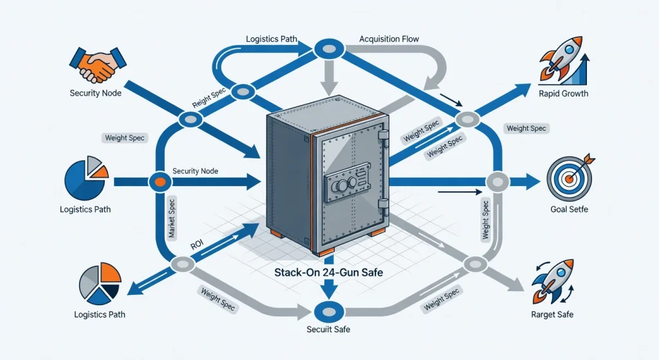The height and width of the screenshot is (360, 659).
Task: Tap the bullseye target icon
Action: tap(568, 180)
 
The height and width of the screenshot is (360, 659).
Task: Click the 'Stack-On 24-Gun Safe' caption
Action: tap(328, 273)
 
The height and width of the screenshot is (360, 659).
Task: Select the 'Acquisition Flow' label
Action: tap(388, 39)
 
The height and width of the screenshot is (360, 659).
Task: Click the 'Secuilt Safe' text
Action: tap(328, 330)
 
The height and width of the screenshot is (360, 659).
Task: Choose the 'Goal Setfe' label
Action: tap(569, 210)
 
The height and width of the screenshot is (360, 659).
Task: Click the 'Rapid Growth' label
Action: tap(563, 93)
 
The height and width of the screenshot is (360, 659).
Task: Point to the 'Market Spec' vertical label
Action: tap(172, 219)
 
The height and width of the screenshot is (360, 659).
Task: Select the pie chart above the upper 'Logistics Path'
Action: tap(87, 178)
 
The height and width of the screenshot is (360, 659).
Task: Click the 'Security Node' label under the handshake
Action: tap(95, 93)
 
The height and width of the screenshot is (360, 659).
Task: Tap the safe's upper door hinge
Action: tap(384, 136)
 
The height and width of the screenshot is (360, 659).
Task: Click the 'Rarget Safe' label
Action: tap(552, 315)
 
